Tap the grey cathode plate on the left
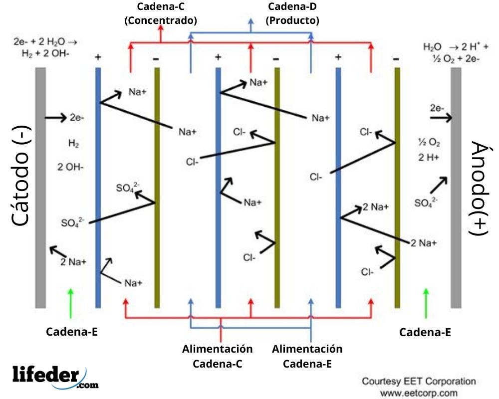40,187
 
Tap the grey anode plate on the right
456,187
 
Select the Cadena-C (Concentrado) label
161,13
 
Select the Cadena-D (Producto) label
292,13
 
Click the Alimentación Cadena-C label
218,356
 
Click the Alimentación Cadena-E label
307,356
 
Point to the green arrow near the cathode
71,302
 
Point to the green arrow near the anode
426,302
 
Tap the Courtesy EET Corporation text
419,382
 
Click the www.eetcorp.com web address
419,393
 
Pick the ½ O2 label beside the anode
429,143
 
